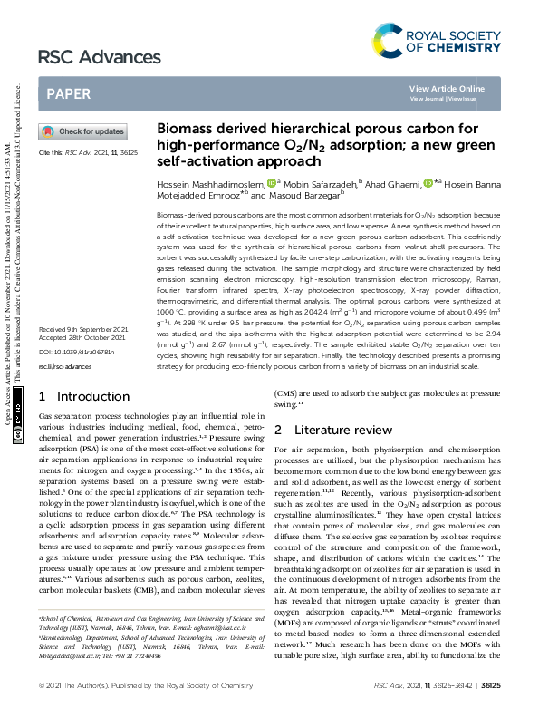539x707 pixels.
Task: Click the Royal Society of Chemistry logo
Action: (x=437, y=41)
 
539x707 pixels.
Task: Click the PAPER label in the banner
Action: (x=68, y=93)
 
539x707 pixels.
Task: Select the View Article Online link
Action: (x=447, y=88)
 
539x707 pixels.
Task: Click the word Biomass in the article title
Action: (x=185, y=129)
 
